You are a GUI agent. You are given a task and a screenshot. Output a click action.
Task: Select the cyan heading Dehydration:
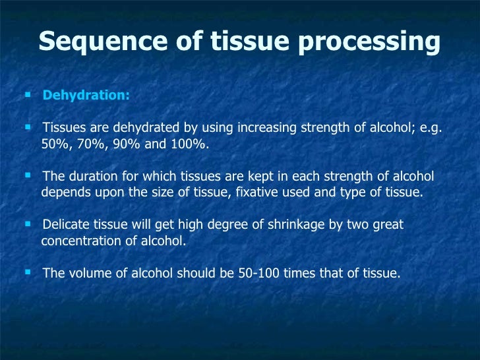tap(86, 96)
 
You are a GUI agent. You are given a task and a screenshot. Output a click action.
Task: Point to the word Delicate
tap(65, 225)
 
